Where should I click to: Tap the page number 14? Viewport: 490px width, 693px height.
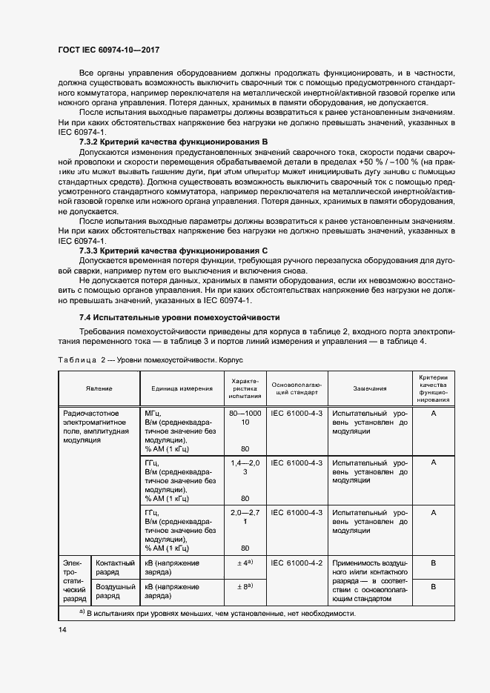click(x=62, y=629)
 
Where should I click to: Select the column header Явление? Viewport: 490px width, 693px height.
click(x=99, y=388)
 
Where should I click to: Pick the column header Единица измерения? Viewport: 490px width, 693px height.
click(x=182, y=388)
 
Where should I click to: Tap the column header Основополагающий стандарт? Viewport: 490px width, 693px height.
click(x=296, y=388)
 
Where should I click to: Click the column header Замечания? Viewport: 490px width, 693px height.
click(x=369, y=388)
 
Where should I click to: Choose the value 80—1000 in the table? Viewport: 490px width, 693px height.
click(x=245, y=412)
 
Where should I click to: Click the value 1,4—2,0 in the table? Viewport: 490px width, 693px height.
click(x=245, y=462)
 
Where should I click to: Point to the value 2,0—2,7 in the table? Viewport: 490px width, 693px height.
click(x=245, y=512)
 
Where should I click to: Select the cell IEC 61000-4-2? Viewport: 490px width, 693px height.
click(x=297, y=563)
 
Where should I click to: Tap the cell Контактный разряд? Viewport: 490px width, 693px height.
click(x=115, y=568)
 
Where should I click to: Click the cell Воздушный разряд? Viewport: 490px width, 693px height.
click(x=115, y=590)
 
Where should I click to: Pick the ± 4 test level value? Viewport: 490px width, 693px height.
click(x=245, y=563)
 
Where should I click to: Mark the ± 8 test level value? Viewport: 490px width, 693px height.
click(x=245, y=586)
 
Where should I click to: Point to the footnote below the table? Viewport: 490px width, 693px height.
click(x=217, y=614)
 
